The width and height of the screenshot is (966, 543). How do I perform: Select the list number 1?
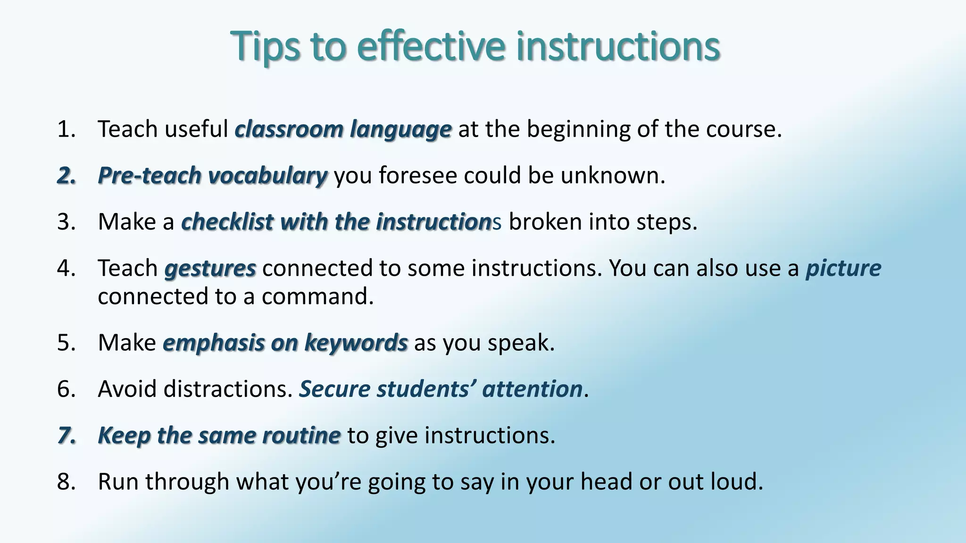pos(66,129)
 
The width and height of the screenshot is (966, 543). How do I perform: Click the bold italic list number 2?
pos(67,175)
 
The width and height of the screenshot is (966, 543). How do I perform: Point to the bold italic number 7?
pos(67,435)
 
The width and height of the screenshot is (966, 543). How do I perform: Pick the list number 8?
pos(67,481)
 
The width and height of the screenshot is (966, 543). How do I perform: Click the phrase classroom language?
pos(343,129)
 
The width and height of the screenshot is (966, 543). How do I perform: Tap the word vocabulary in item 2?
pos(267,175)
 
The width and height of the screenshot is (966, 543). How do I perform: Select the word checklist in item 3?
pos(227,222)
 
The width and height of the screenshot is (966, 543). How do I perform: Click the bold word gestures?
pos(210,268)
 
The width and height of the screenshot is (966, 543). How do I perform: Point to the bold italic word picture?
pos(843,268)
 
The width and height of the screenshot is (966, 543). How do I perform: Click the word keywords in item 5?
pos(356,342)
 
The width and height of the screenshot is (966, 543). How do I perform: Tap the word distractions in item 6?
pos(228,389)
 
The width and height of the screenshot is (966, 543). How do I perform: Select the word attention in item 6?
pos(532,389)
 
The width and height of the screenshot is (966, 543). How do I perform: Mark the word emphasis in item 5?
pos(214,342)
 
